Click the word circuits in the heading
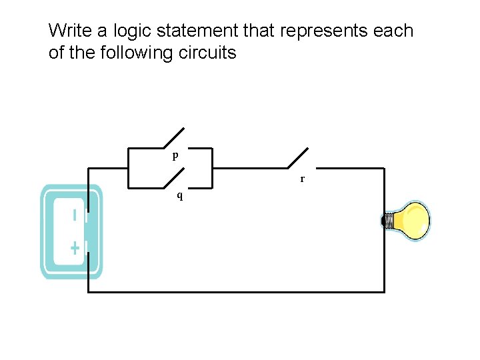207,53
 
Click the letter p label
175,156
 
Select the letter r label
302,179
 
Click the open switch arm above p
173,137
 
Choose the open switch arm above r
298,158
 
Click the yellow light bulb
410,221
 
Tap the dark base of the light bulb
387,221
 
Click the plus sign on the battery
75,249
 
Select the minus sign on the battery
75,215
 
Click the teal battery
71,231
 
